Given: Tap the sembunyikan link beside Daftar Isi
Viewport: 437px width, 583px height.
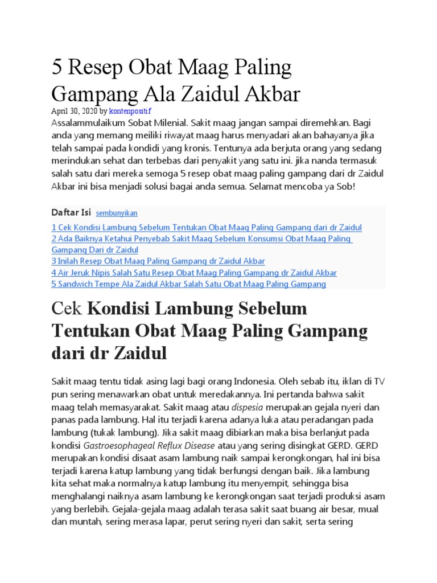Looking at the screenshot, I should point(117,214).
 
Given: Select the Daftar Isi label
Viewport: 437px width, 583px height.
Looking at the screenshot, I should point(71,213).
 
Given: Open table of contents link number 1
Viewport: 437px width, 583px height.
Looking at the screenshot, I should point(207,227).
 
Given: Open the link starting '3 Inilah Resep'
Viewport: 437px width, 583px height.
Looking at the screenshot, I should point(158,261).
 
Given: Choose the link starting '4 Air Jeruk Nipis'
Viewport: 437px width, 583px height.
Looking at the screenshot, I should point(194,273).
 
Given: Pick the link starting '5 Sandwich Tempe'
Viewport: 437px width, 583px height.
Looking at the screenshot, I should point(188,284).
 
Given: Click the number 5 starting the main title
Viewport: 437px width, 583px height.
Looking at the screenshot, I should point(57,68).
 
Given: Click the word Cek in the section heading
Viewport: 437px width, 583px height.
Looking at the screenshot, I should point(67,309).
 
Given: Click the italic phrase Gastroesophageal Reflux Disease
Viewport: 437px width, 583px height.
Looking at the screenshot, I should point(149,445).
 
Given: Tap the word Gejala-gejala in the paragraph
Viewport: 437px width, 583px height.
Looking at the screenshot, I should point(141,509).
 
